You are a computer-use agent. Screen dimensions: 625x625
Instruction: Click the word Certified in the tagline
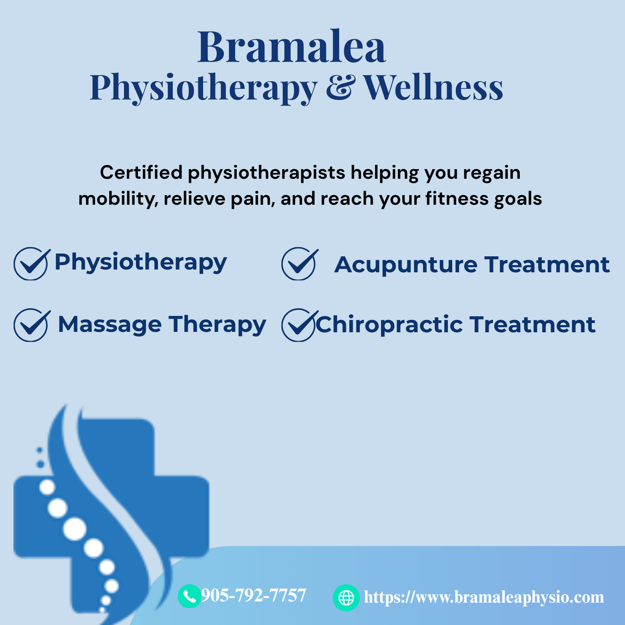click(141, 172)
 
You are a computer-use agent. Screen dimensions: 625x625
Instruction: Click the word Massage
click(110, 325)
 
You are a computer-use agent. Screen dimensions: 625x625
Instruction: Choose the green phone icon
click(190, 596)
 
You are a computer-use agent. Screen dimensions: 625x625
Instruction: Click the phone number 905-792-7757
click(254, 595)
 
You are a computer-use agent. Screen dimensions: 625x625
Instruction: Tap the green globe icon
click(346, 598)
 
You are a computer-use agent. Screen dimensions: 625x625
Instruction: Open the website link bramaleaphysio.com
click(484, 597)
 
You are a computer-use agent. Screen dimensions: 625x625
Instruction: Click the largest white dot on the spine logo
click(75, 529)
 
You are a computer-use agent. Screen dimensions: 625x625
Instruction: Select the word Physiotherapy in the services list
click(140, 263)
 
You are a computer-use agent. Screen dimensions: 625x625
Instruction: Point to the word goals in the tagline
click(518, 199)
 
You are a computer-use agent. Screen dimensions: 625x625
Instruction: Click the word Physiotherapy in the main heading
click(204, 88)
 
